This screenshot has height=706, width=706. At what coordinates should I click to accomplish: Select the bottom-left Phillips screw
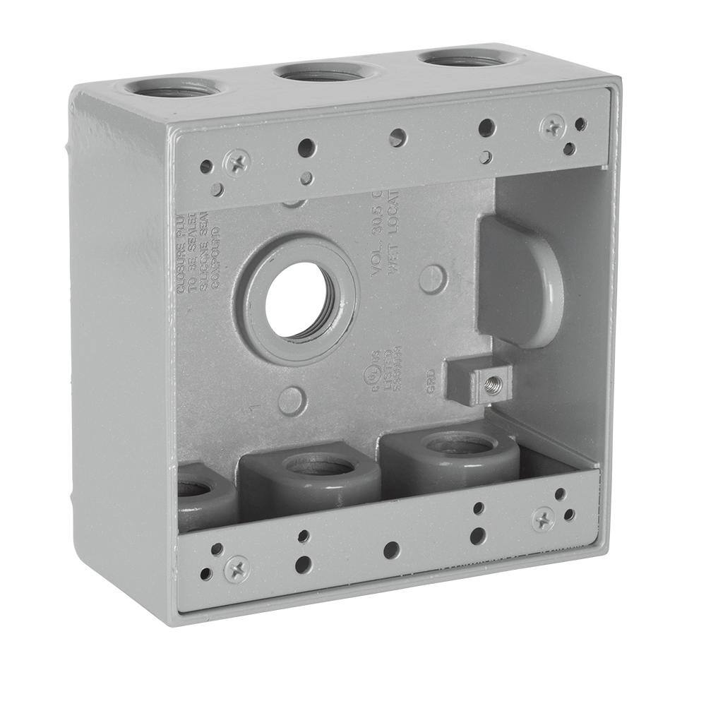point(237,567)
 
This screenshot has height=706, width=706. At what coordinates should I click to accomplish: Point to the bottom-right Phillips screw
point(543,519)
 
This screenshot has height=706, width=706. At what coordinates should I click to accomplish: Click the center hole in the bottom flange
point(392,550)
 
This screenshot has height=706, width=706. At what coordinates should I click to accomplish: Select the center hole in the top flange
point(397,138)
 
